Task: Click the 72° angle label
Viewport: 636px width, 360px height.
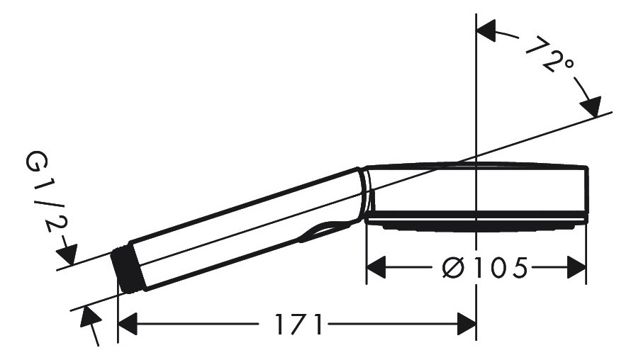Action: click(550, 55)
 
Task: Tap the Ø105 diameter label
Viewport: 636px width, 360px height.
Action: click(485, 268)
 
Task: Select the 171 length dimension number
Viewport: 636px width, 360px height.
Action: click(299, 324)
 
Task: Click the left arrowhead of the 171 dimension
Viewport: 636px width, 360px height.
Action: click(127, 324)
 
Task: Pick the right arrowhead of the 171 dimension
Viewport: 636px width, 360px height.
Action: click(467, 324)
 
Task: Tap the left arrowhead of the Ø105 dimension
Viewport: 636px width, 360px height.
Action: click(376, 268)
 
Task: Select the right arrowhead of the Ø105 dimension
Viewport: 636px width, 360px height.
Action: click(576, 268)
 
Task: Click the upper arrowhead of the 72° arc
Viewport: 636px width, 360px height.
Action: click(486, 30)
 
